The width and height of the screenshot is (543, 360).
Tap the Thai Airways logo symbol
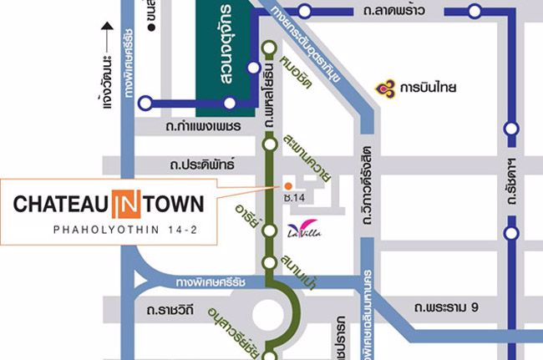click(x=385, y=85)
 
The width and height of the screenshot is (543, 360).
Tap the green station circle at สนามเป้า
click(x=270, y=263)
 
